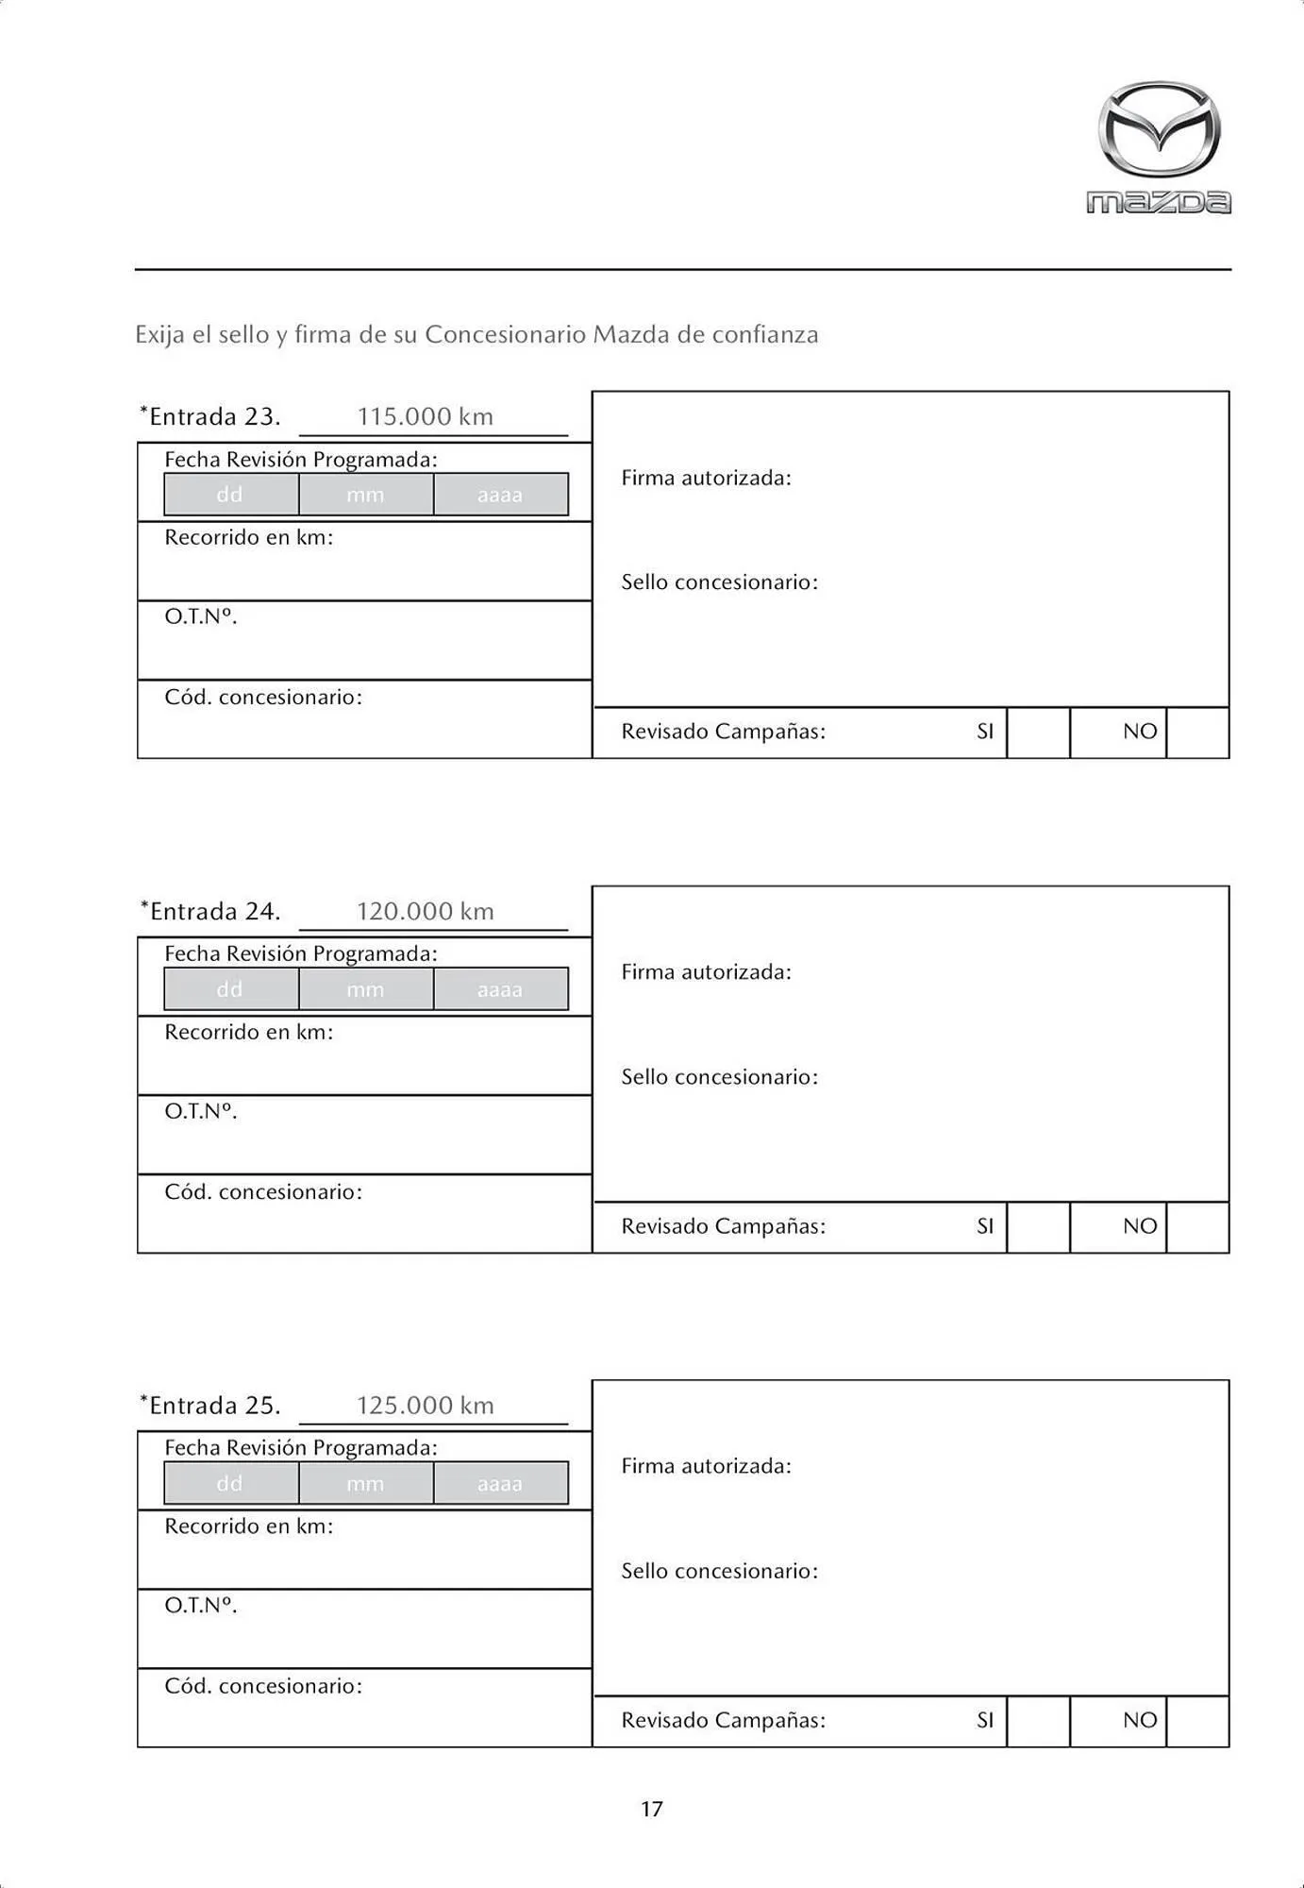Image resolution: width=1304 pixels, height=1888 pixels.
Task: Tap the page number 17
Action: click(652, 1809)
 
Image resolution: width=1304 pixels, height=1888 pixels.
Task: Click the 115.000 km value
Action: click(426, 416)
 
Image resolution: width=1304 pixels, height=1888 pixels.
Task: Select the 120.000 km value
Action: click(426, 911)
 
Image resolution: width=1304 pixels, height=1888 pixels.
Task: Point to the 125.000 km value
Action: click(426, 1405)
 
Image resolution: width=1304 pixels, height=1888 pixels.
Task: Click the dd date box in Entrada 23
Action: click(230, 495)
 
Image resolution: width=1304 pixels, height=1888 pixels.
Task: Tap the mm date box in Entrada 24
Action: click(365, 989)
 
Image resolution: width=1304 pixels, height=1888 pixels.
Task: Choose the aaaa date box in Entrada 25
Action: click(500, 1483)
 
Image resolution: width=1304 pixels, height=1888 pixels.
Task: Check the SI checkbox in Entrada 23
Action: click(1038, 733)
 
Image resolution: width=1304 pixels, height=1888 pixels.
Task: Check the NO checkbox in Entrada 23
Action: click(1197, 733)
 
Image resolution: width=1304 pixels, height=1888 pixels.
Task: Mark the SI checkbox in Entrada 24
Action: click(1038, 1227)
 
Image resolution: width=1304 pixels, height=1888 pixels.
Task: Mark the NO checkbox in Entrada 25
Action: click(1197, 1721)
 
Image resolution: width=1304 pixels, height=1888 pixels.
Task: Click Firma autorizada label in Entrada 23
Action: click(706, 478)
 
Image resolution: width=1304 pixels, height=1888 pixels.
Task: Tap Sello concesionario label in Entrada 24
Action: click(719, 1077)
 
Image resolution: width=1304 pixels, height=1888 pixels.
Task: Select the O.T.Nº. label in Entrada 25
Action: click(201, 1605)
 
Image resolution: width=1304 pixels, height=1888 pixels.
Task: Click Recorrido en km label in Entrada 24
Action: click(249, 1032)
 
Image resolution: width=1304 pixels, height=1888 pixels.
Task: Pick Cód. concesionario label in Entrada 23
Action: click(263, 698)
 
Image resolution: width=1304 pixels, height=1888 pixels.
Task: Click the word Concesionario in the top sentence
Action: click(505, 335)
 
